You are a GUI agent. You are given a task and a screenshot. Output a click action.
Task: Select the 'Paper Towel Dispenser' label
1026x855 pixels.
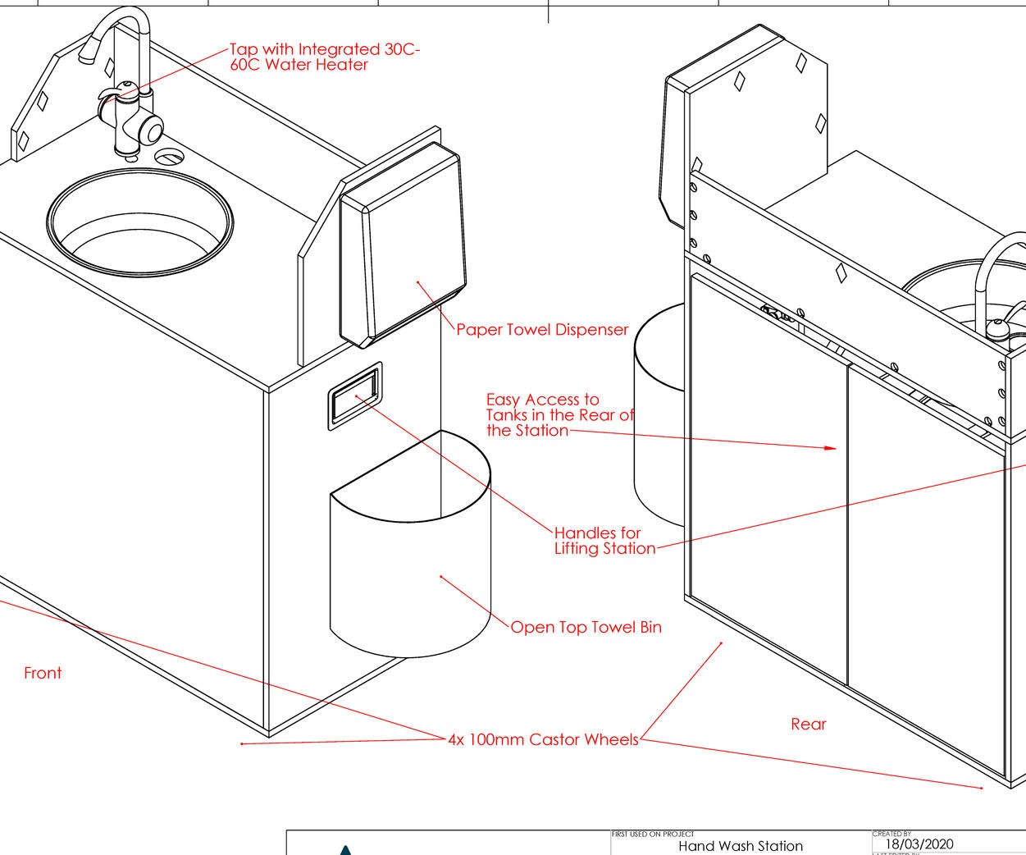tap(541, 330)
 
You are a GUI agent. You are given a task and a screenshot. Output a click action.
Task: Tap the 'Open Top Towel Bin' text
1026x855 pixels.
tap(586, 628)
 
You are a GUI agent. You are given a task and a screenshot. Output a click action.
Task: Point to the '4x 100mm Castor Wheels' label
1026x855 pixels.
tap(543, 740)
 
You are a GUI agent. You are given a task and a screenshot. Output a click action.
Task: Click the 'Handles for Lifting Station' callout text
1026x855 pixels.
tap(604, 541)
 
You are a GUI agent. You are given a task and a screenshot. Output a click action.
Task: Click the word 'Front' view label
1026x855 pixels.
tap(43, 674)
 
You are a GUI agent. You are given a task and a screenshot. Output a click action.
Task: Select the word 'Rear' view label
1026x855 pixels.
tap(808, 725)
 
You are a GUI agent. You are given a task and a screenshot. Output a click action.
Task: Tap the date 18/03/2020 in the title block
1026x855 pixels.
tap(919, 844)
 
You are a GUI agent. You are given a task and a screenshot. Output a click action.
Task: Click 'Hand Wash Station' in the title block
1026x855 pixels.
tap(740, 846)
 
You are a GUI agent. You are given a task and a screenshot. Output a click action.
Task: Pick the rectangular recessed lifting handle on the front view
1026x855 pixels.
tap(355, 395)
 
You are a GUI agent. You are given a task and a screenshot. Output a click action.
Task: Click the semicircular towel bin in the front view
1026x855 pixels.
tap(410, 574)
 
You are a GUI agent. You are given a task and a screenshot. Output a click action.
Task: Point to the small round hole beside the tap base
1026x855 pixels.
tap(170, 156)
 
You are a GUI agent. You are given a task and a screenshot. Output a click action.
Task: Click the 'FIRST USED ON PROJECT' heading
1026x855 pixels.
tap(653, 834)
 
